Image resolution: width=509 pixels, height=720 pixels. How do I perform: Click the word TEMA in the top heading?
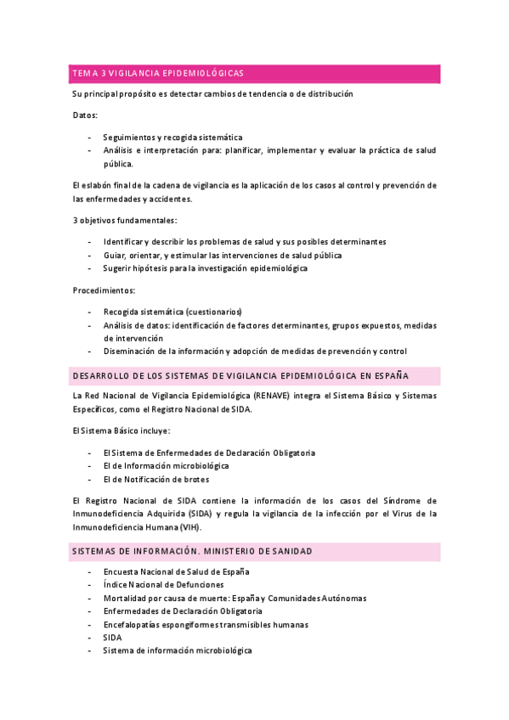click(86, 74)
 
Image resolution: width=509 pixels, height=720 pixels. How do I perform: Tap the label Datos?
click(85, 115)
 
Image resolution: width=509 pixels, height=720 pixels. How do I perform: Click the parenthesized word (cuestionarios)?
click(214, 311)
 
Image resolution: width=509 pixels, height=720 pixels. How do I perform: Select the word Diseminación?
click(133, 352)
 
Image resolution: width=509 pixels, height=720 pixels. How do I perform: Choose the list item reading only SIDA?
click(112, 637)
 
